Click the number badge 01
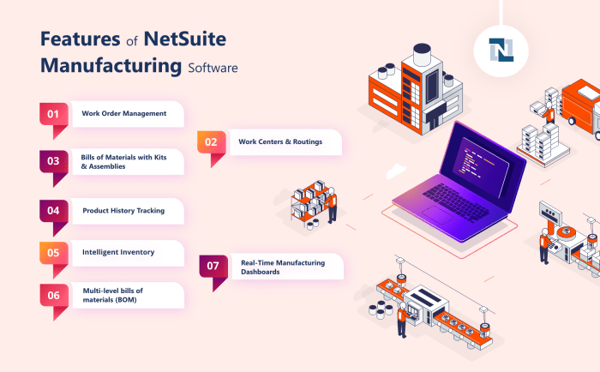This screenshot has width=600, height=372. click(x=53, y=114)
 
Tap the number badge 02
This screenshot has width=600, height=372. click(x=212, y=141)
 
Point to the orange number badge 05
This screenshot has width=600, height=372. click(x=53, y=253)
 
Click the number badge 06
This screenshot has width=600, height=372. click(x=53, y=295)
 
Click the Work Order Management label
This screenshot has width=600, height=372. click(x=124, y=114)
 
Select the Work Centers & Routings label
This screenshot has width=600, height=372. click(x=280, y=141)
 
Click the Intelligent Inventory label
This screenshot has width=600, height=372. click(x=118, y=253)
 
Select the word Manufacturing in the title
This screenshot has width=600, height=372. click(x=111, y=66)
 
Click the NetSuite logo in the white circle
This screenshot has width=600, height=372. click(x=501, y=51)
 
